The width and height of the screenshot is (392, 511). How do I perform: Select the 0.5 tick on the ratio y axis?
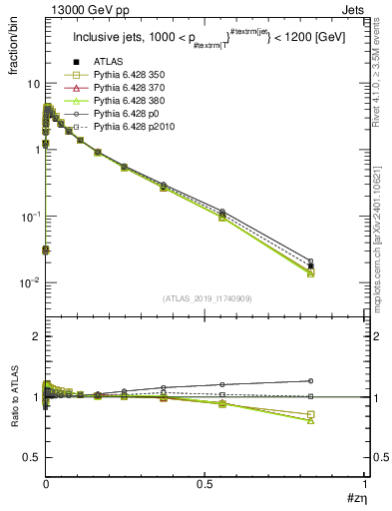pos(31,457)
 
